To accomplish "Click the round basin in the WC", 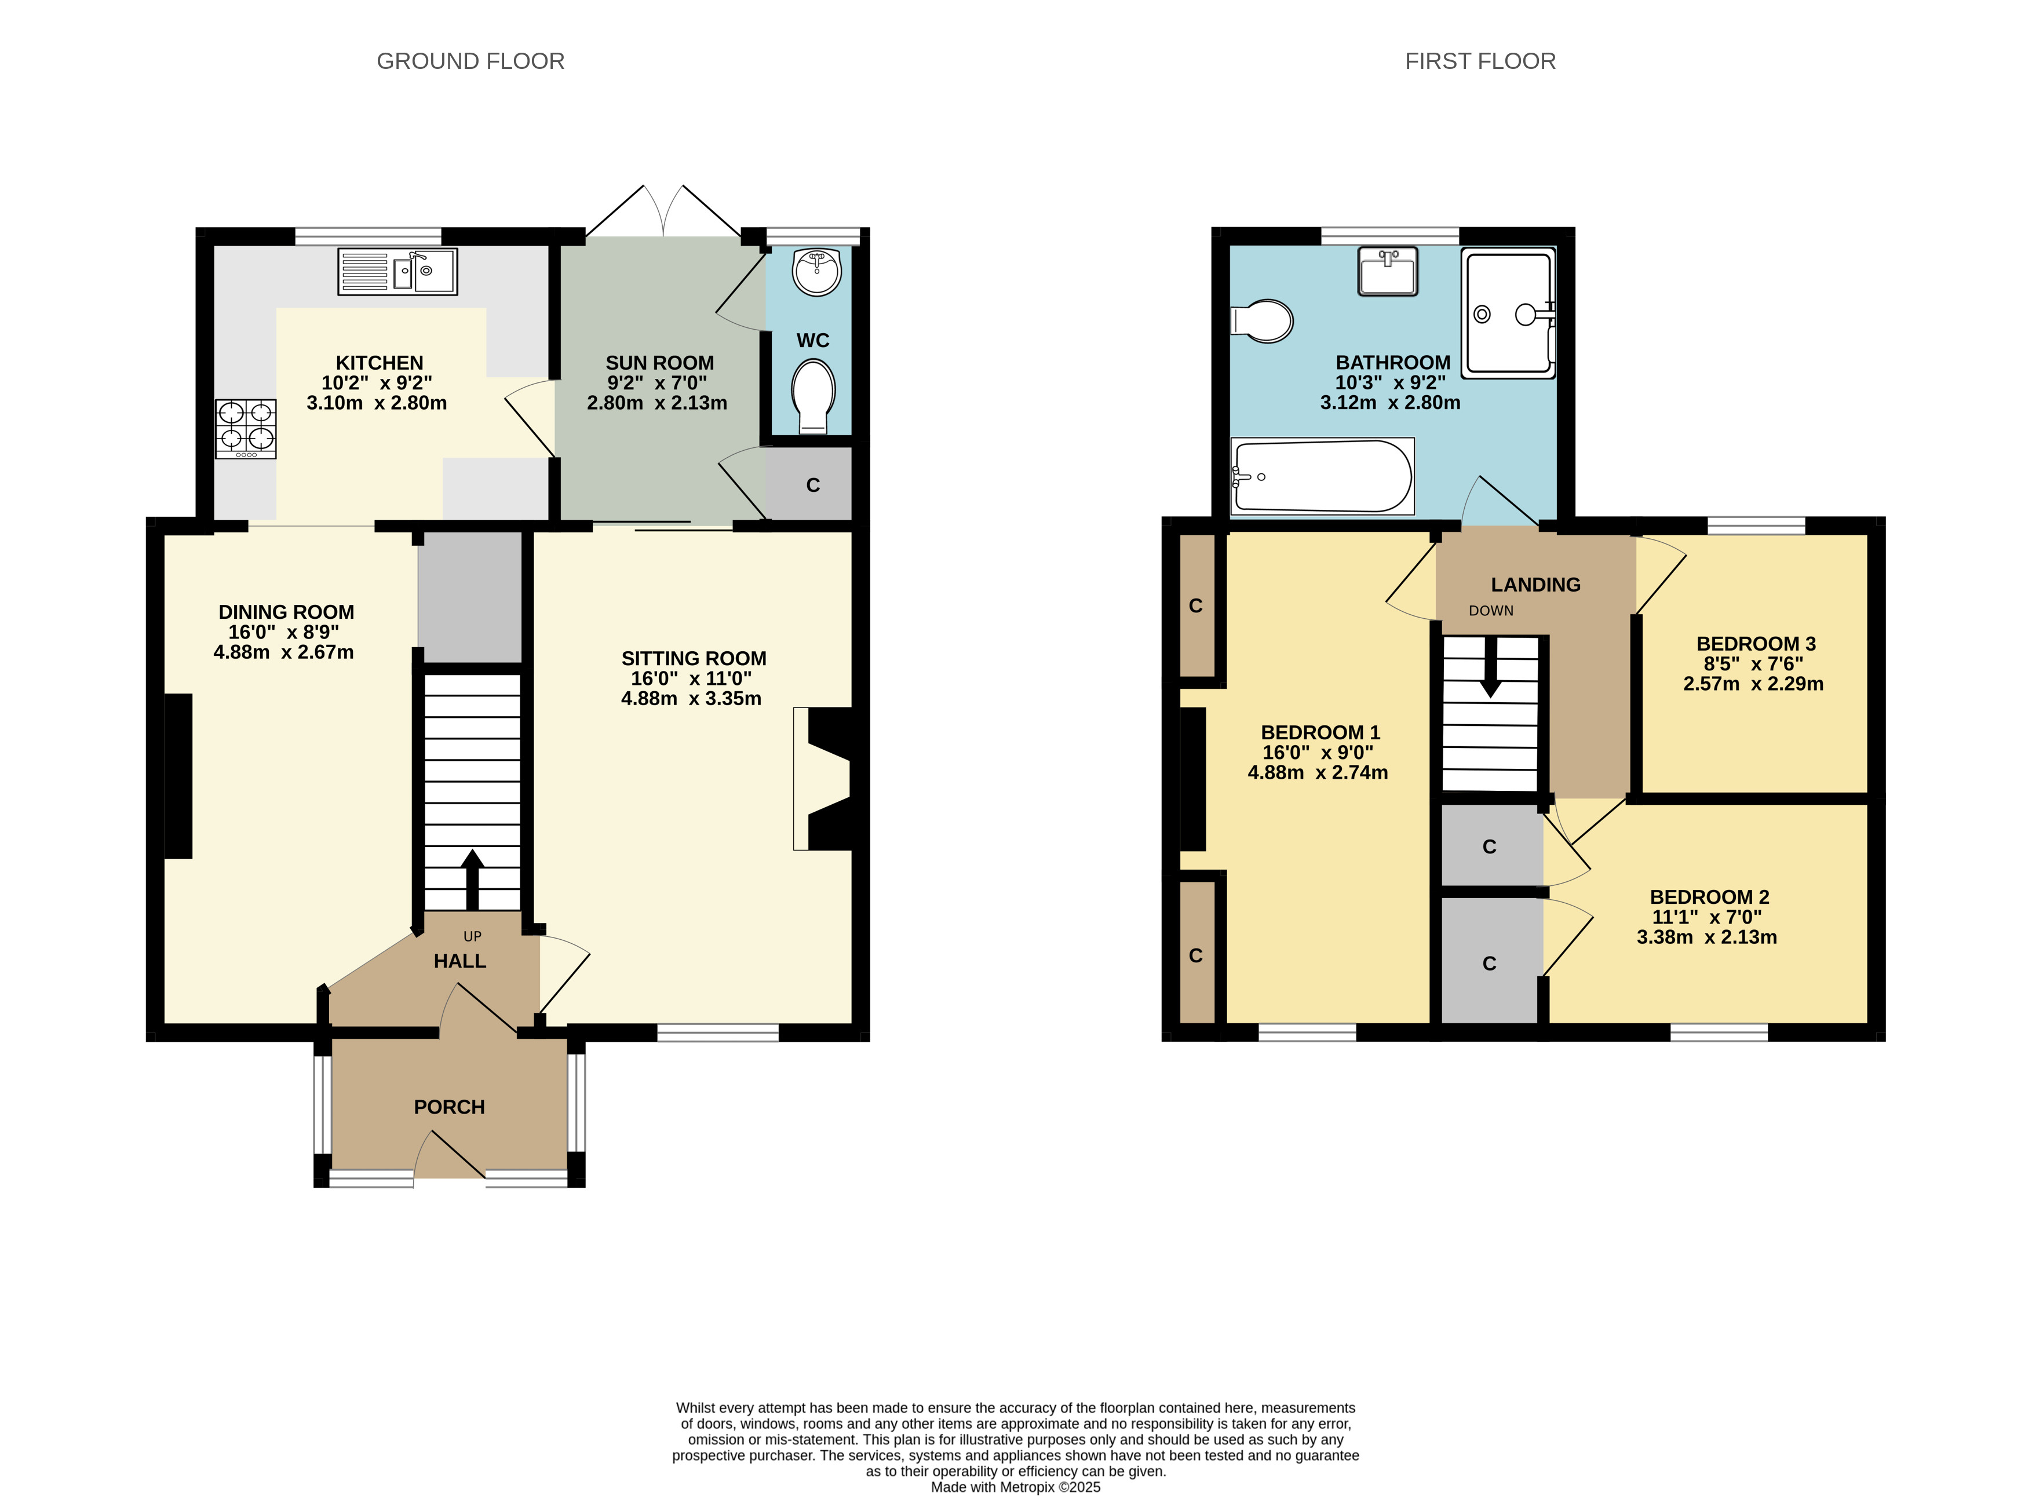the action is (817, 272).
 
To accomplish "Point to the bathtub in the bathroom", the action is (1322, 476).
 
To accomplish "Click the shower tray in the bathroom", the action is (1509, 313).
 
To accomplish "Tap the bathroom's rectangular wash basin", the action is (1387, 272).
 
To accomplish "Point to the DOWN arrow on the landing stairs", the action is (1490, 667).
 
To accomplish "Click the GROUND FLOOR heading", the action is (471, 61).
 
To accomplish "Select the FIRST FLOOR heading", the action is (1480, 61).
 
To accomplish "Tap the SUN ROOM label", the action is (659, 362).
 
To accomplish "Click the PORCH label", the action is (449, 1107).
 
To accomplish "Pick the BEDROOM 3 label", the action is (1756, 644).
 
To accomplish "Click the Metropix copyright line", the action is (1016, 1487).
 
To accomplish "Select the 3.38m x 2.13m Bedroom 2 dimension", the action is (1707, 937).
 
